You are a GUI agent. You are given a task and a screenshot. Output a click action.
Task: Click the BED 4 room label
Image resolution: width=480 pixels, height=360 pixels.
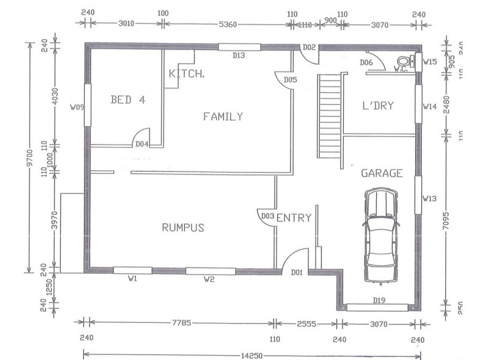[x=128, y=100]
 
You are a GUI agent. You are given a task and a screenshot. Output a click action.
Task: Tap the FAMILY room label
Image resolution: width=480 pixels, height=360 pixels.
[x=223, y=116]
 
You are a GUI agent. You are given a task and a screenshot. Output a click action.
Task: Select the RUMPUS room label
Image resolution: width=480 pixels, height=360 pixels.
[x=184, y=227]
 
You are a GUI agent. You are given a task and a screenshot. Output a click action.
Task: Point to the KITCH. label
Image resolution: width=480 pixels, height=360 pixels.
[x=187, y=74]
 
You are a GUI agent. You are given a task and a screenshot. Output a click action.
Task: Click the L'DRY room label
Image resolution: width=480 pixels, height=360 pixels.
[x=378, y=106]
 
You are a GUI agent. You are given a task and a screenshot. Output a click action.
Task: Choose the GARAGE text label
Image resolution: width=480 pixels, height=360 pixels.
[x=381, y=173]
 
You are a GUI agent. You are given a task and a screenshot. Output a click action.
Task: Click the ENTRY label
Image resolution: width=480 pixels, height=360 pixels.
[x=294, y=218]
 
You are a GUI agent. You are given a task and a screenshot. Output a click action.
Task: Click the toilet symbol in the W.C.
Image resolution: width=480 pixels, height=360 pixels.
[x=404, y=61]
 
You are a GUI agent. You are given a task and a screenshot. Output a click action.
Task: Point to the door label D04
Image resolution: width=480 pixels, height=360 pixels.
[x=142, y=144]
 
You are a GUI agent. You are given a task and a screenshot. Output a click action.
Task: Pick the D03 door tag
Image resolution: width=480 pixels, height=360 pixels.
[x=268, y=216]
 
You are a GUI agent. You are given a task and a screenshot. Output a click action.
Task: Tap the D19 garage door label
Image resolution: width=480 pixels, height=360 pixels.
[x=379, y=300]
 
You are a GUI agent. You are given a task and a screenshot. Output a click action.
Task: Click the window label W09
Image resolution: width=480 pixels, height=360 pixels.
[x=76, y=108]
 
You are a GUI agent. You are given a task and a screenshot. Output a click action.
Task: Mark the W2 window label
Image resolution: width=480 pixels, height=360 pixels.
[x=209, y=278]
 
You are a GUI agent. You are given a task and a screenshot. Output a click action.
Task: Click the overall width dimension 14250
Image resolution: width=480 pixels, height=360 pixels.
[x=252, y=355]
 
